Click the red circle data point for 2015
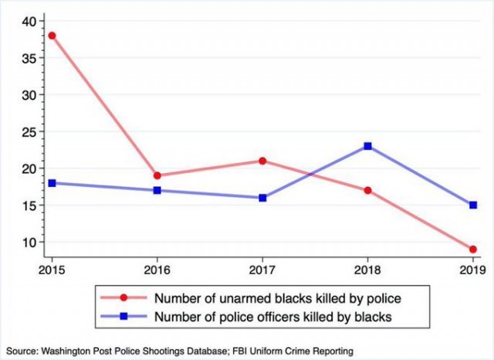coord(52,36)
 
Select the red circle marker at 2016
coord(157,175)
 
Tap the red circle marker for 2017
coord(262,161)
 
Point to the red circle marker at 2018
coord(367,190)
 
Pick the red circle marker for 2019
coord(473,250)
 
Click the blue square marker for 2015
coord(52,183)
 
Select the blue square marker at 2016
coord(157,190)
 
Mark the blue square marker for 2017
coord(262,198)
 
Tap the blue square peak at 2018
coord(367,146)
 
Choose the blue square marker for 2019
coord(473,205)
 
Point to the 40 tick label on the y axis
coord(29,21)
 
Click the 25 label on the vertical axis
coord(29,132)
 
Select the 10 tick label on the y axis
coord(29,242)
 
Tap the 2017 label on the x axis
coord(262,270)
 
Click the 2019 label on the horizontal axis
coord(472,270)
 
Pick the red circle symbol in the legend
coord(123,297)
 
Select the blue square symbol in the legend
coord(123,316)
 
